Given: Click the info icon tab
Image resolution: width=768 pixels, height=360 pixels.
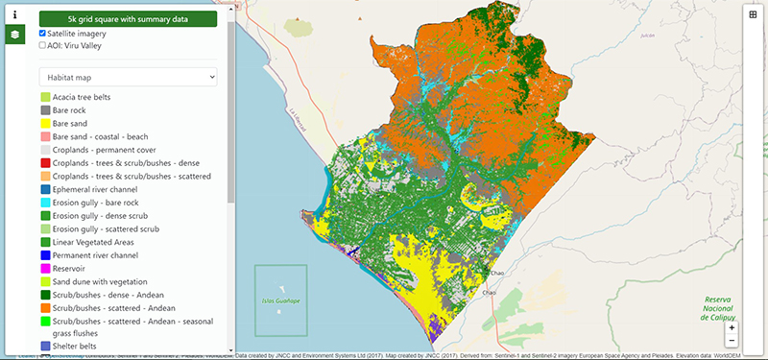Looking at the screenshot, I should pos(14,15).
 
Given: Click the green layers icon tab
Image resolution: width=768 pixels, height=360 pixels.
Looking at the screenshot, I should pos(14,36).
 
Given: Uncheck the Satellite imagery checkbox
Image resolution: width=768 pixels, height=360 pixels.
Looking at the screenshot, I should pos(42,33).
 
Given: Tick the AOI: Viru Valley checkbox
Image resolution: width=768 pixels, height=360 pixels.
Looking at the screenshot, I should pos(42,45).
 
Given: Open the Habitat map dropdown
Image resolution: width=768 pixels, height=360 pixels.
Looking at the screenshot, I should pos(128,76).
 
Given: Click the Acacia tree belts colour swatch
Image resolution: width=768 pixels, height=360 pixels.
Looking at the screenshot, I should pos(44,97).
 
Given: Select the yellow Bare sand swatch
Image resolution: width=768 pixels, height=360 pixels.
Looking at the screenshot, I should pos(44,124).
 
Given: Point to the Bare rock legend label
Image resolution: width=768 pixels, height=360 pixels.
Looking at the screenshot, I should pos(74,110).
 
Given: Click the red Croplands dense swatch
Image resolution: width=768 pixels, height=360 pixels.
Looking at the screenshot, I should pos(44,163).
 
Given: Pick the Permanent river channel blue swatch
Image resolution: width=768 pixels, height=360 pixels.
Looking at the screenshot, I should pos(44,255).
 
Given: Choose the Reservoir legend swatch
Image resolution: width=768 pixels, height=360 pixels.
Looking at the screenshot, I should pos(44,269).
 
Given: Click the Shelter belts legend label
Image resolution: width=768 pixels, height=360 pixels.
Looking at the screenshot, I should pos(82,345).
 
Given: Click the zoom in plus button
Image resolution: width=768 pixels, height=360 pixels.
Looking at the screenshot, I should pos(732,327).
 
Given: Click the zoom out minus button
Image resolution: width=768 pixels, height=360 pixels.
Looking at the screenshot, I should pos(732,341).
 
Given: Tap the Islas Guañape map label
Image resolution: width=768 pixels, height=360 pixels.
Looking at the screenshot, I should pos(280,300).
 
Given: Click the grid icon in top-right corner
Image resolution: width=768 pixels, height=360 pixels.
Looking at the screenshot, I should pos(752,15).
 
